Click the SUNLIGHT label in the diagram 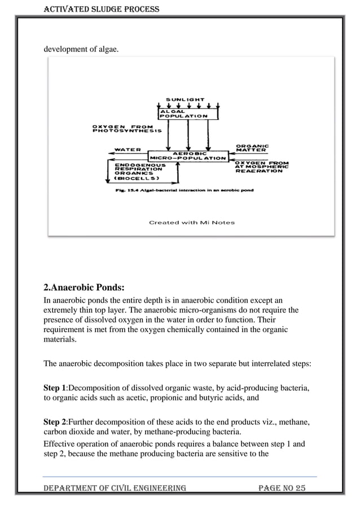click(185, 99)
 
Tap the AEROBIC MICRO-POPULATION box click(188, 155)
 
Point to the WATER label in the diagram click(128, 150)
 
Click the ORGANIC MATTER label click(252, 148)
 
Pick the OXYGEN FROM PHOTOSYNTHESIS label click(127, 128)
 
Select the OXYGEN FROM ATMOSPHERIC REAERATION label click(261, 167)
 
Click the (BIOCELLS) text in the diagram click(137, 178)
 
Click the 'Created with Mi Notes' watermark click(192, 223)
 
